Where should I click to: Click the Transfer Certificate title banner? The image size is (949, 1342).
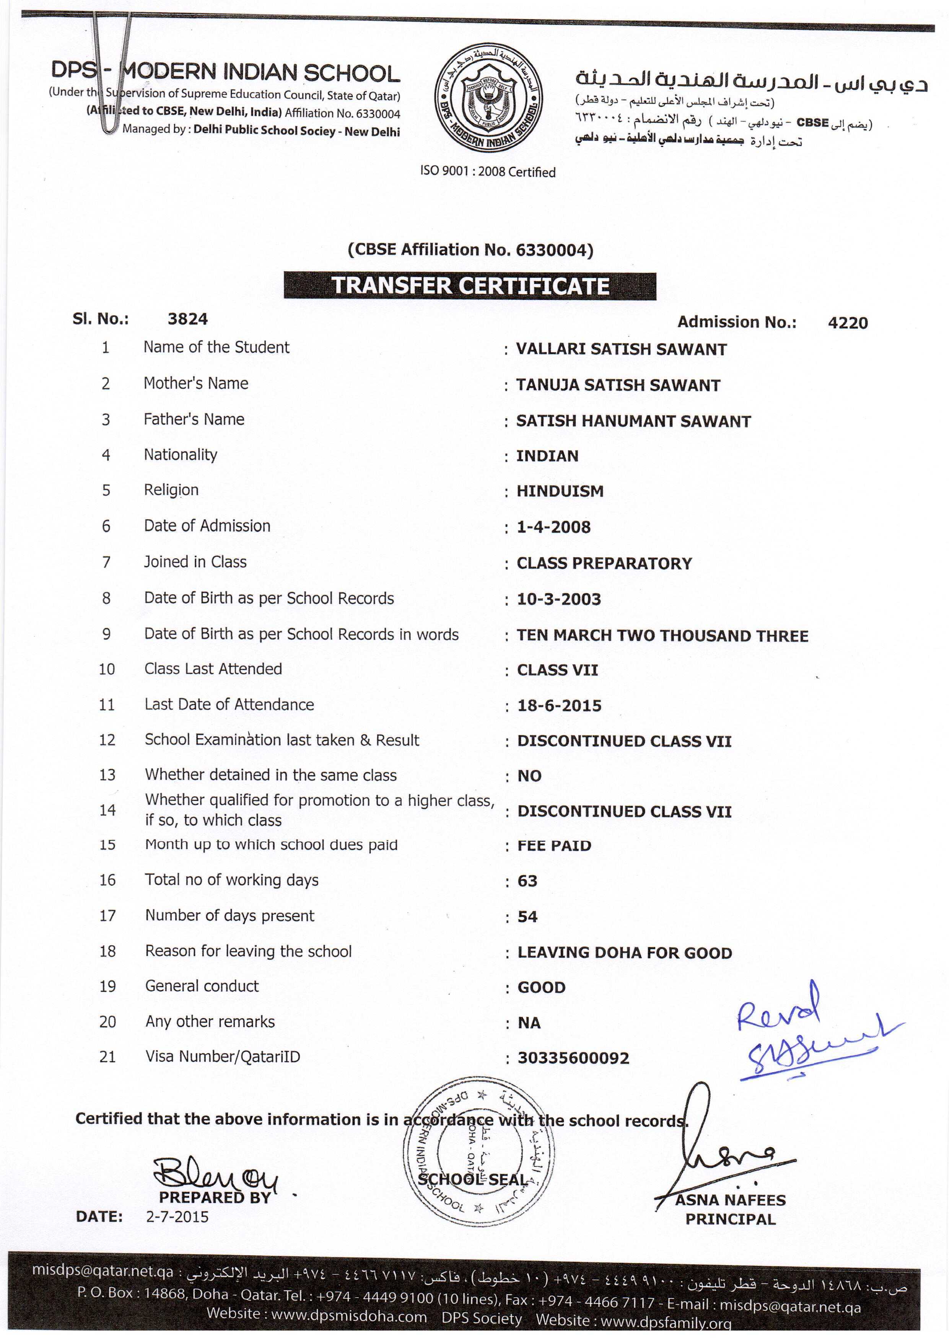(x=470, y=286)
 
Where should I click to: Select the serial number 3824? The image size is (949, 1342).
(x=187, y=319)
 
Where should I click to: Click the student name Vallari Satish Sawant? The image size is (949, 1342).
(x=621, y=349)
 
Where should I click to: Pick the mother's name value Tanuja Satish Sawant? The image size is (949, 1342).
(x=618, y=385)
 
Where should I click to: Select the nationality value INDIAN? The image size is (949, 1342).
(x=547, y=456)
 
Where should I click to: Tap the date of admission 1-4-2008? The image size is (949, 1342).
(x=553, y=527)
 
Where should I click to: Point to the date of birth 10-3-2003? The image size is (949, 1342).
(x=558, y=599)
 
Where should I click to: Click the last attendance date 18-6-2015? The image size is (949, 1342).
(x=559, y=706)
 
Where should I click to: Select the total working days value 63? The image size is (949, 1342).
(x=527, y=881)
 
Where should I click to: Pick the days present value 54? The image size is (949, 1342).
(x=527, y=916)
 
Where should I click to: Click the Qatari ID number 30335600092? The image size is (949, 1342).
(x=573, y=1058)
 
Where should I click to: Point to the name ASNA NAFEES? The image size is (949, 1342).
(x=731, y=1200)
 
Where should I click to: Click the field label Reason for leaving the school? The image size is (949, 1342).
(x=248, y=951)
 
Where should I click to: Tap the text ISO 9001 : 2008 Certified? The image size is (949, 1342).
(x=487, y=172)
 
